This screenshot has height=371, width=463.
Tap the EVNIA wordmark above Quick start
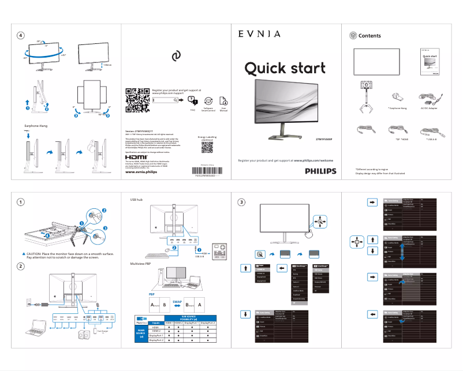click(x=259, y=34)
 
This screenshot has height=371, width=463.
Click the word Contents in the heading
click(x=369, y=36)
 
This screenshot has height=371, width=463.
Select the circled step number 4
click(x=21, y=35)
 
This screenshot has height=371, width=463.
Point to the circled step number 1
click(x=21, y=202)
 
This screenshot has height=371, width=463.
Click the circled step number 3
click(x=242, y=202)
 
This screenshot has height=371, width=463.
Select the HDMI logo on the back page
click(x=136, y=156)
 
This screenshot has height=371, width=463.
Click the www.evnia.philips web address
click(x=141, y=172)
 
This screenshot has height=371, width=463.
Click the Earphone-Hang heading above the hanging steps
click(x=35, y=125)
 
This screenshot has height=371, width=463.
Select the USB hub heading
click(x=136, y=200)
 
